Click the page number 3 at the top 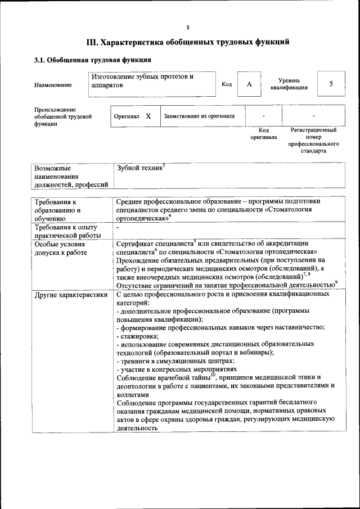pos(188,28)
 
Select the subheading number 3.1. pos(40,60)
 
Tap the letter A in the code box pos(249,84)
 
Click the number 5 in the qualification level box pos(331,84)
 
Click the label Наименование pos(53,85)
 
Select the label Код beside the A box pos(227,84)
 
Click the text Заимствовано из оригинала pos(199,116)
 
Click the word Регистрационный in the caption pos(313,130)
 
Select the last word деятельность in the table pos(137,427)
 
